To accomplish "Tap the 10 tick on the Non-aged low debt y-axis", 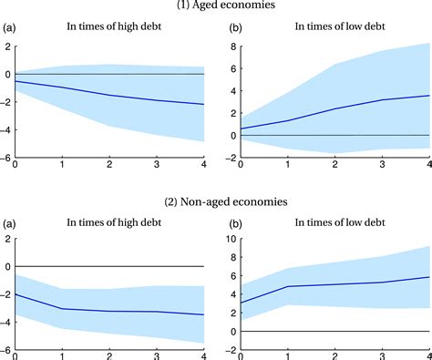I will point(230,239).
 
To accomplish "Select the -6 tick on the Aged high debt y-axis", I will point(6,157).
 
